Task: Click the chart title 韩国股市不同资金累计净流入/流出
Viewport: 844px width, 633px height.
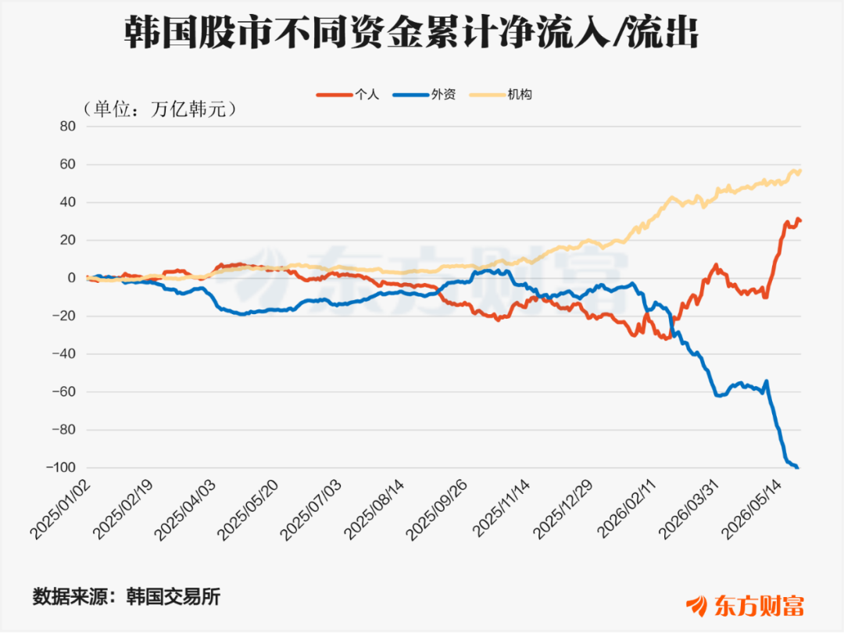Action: point(411,34)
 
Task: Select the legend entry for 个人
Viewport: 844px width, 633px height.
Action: point(348,95)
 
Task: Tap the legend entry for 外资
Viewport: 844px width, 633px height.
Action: point(424,95)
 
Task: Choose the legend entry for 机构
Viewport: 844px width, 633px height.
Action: point(501,95)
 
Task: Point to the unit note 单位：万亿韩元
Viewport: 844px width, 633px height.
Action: point(159,109)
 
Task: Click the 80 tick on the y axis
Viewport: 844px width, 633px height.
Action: point(68,127)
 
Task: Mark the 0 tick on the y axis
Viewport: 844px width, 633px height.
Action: point(72,278)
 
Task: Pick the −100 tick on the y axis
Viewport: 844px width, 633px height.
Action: point(61,467)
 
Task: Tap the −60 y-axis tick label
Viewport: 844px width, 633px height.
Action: point(64,392)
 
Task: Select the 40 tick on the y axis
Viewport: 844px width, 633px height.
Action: point(68,202)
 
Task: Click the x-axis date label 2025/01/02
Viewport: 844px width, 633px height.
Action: point(60,510)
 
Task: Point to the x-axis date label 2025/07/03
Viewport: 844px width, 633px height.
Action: point(310,510)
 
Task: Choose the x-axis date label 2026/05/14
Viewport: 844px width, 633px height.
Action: point(752,510)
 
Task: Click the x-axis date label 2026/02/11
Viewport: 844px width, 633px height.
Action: point(627,510)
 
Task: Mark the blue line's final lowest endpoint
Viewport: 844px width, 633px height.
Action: point(797,468)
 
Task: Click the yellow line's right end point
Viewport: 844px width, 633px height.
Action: point(801,170)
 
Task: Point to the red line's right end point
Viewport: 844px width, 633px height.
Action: point(801,220)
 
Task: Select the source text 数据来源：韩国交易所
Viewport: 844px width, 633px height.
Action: point(127,597)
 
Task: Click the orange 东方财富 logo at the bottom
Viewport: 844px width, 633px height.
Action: point(745,606)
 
